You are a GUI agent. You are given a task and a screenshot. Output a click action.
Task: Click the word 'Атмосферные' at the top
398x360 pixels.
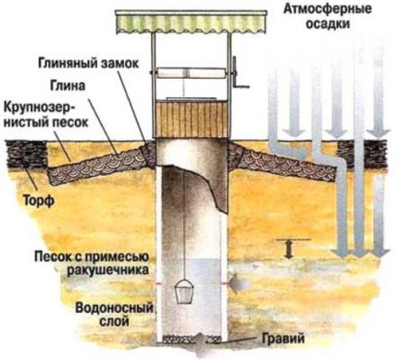(320, 9)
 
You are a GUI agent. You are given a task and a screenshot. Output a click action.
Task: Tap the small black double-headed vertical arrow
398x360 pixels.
(289, 246)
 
